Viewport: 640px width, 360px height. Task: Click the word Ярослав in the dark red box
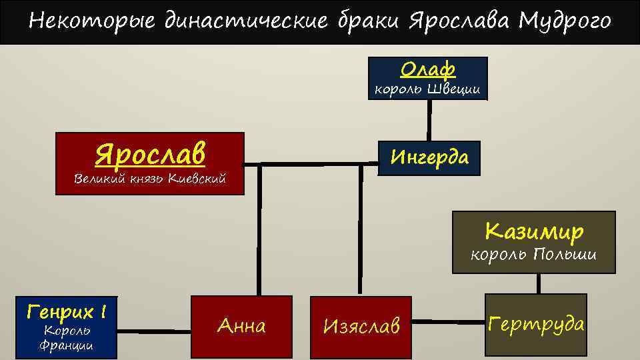pyautogui.click(x=150, y=154)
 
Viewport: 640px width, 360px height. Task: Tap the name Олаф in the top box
pyautogui.click(x=427, y=69)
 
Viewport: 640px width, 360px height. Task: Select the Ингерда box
pyautogui.click(x=429, y=158)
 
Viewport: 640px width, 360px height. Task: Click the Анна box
pyautogui.click(x=242, y=326)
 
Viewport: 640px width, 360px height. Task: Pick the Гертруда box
pyautogui.click(x=536, y=325)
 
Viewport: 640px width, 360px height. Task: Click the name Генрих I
pyautogui.click(x=67, y=311)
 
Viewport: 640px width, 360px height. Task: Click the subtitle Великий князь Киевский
pyautogui.click(x=150, y=179)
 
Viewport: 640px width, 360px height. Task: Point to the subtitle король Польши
pyautogui.click(x=533, y=255)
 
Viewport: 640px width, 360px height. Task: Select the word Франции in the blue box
pyautogui.click(x=66, y=345)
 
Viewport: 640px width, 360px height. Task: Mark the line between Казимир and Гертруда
pyautogui.click(x=539, y=283)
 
